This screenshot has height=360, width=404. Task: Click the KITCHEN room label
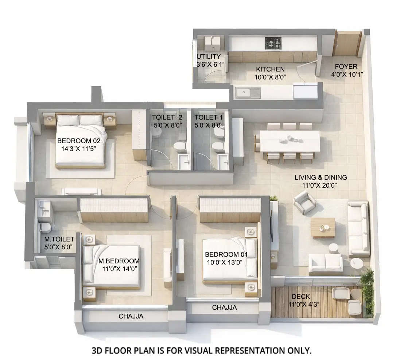coord(270,69)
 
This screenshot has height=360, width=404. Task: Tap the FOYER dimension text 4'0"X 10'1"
coord(346,74)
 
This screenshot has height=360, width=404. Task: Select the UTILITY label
coord(209,56)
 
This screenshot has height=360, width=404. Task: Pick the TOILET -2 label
coord(167,117)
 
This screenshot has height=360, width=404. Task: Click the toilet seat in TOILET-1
coord(219,146)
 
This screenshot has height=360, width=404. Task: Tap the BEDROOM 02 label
coord(81,141)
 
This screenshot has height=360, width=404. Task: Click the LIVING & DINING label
coord(321,177)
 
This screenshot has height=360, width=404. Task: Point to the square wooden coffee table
coord(323,228)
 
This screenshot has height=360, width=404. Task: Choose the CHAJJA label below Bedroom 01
coord(224,308)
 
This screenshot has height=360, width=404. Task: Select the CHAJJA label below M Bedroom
coord(131,317)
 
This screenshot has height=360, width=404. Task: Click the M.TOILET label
coord(59,239)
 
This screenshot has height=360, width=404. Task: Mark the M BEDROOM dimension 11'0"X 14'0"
coord(119,269)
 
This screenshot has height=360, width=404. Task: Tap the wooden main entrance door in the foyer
coord(346,44)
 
